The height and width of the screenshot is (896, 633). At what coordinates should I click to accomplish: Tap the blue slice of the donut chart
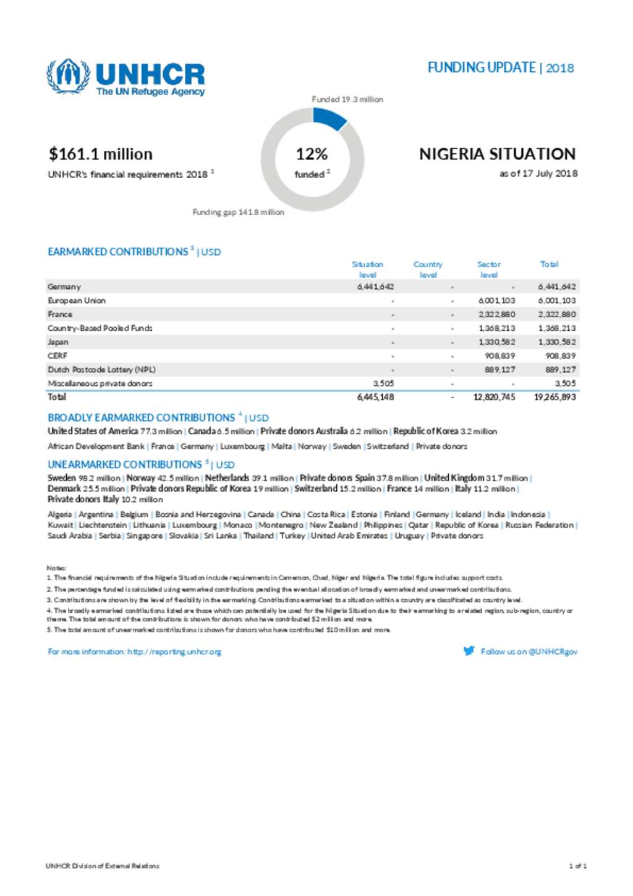(x=329, y=117)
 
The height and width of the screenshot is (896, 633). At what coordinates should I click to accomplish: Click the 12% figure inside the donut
(x=312, y=154)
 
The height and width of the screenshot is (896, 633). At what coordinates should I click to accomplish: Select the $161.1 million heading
(x=101, y=154)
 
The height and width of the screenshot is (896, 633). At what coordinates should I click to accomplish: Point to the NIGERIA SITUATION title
(x=497, y=154)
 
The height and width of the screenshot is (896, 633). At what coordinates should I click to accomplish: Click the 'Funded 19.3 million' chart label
(x=347, y=99)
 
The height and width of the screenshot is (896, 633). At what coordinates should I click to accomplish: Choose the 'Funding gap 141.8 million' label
(x=238, y=212)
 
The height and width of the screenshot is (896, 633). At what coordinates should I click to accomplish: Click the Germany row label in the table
(x=64, y=287)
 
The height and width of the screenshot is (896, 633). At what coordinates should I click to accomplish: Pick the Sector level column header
(x=488, y=269)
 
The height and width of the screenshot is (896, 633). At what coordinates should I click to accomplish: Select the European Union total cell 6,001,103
(x=556, y=301)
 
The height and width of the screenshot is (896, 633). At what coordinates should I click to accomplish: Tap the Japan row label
(x=58, y=342)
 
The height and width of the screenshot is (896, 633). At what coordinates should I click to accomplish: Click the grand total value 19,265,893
(x=554, y=397)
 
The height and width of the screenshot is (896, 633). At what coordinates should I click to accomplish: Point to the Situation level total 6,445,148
(x=375, y=397)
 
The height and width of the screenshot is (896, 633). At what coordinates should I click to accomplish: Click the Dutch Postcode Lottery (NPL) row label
(x=101, y=370)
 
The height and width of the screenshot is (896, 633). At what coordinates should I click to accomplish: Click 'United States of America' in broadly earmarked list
(x=93, y=431)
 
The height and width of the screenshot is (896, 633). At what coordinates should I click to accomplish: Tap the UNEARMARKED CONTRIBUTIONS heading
(x=125, y=464)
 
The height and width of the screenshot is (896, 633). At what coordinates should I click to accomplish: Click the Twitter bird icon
(x=469, y=651)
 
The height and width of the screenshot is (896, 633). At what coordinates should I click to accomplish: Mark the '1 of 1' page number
(x=577, y=866)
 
